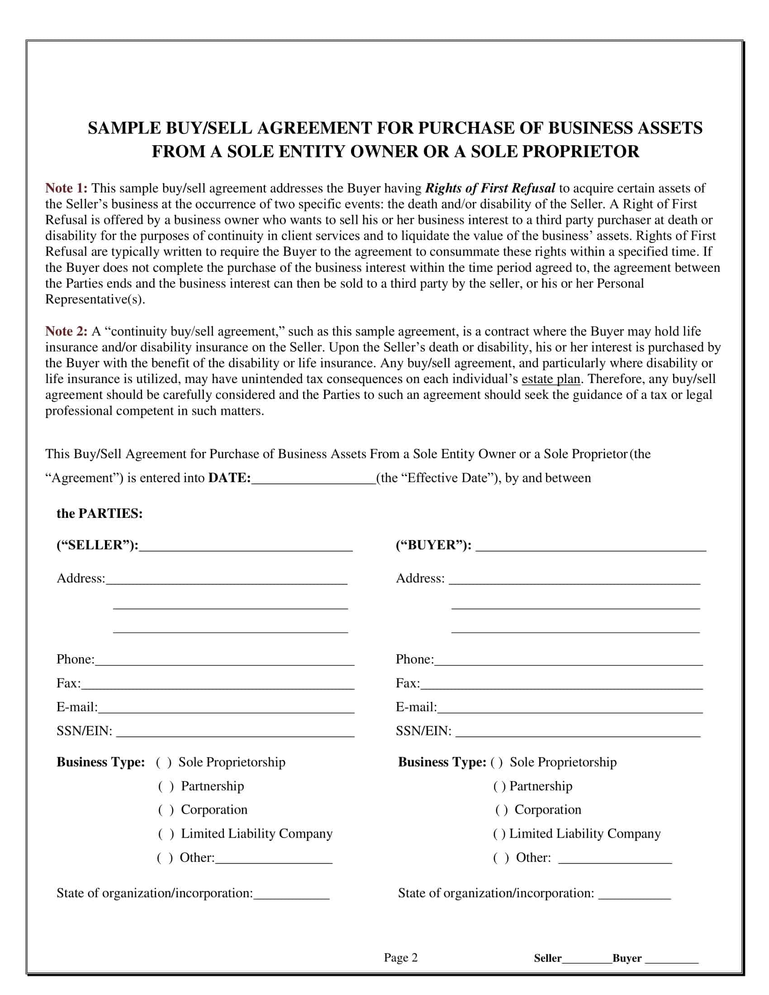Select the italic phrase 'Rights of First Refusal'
[x=490, y=188]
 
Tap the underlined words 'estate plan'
[x=551, y=379]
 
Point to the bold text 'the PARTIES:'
[x=100, y=513]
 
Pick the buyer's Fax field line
[x=561, y=684]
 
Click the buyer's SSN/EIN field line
[x=578, y=732]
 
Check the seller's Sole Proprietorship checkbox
[x=164, y=763]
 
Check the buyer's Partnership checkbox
[x=499, y=787]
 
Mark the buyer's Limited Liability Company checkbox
[x=499, y=834]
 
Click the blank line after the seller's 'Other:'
[x=273, y=858]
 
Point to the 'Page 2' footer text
[x=400, y=957]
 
